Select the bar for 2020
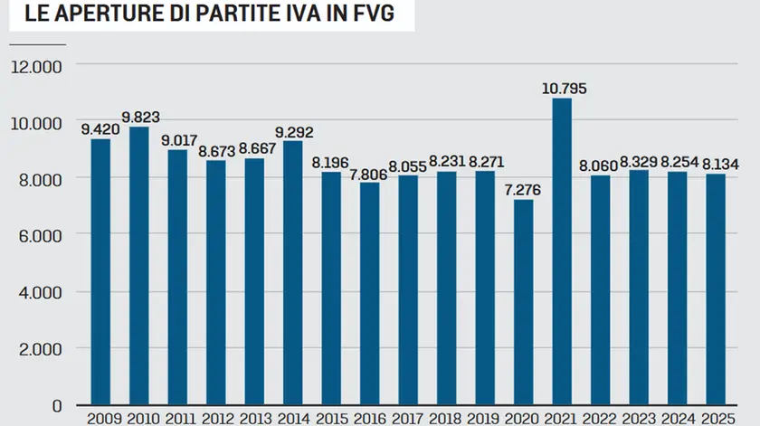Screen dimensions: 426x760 (x=524, y=302)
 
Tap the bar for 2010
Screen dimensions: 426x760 (x=139, y=266)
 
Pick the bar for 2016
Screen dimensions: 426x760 (x=370, y=294)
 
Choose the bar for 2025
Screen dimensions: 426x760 (x=716, y=289)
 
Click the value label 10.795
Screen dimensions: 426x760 (x=563, y=89)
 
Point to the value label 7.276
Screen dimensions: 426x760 (x=524, y=189)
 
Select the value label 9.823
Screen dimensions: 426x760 (x=139, y=117)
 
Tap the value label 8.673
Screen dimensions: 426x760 (x=216, y=150)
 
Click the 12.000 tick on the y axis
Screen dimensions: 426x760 (x=34, y=66)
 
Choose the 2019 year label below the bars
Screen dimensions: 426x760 (x=485, y=419)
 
